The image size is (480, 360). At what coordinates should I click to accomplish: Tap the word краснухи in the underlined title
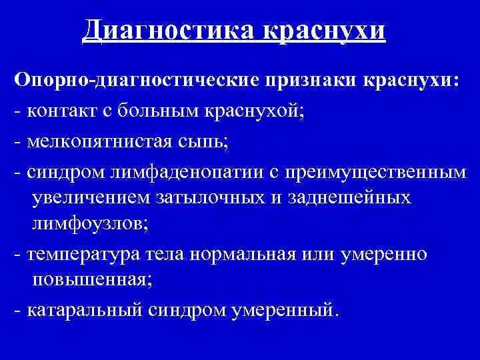point(324,30)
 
